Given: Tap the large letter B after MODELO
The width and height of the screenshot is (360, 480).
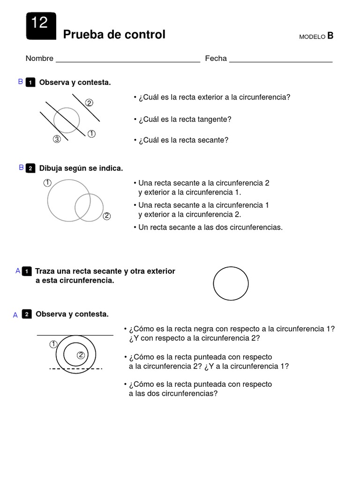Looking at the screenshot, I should click(330, 36).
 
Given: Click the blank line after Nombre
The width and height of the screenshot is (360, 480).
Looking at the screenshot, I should click(127, 61).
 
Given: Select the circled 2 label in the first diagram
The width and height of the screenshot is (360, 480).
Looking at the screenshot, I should click(89, 103).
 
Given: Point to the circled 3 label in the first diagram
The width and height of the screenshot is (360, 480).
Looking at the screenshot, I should click(57, 139).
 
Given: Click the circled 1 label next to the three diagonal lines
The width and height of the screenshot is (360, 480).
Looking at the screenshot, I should click(91, 134).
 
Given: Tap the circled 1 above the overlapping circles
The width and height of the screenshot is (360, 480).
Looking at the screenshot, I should click(47, 183).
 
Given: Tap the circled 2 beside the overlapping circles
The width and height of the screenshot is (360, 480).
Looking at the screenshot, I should click(107, 216).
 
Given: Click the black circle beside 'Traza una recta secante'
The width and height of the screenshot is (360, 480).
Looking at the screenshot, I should click(231, 284).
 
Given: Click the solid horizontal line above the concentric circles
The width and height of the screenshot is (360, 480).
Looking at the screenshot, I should click(75, 335).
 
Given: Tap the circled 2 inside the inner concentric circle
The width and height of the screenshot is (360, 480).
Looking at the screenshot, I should click(81, 355).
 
